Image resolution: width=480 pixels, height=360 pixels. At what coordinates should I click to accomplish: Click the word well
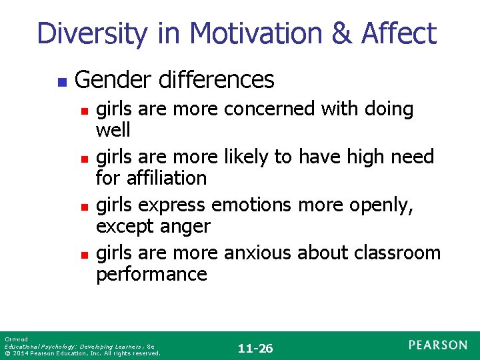[x=113, y=129]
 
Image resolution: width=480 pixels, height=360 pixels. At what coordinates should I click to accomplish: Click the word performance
[x=151, y=274]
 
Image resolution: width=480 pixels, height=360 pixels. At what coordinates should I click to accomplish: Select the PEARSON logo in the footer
[x=438, y=345]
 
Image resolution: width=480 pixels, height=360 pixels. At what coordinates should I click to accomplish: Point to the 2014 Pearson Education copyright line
[x=82, y=353]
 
